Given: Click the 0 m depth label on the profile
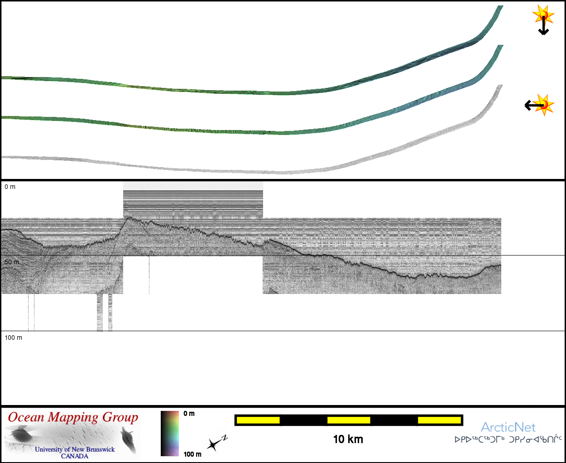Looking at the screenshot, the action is click(10, 187).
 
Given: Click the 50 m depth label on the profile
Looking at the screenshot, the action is click(11, 262).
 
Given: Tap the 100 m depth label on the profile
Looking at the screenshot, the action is click(13, 338).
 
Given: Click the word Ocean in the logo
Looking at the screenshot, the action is click(26, 418).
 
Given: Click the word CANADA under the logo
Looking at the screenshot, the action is click(75, 456).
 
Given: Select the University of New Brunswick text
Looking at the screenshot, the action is click(75, 449).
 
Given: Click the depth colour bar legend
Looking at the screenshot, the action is click(170, 434).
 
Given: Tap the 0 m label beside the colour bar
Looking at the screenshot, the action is click(189, 414).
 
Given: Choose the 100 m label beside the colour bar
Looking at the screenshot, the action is click(192, 454).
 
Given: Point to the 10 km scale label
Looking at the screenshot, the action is click(348, 439).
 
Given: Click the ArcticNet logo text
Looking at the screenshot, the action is click(508, 427).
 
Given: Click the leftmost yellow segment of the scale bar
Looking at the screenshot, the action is click(258, 420).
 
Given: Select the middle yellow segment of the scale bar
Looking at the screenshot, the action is click(349, 420).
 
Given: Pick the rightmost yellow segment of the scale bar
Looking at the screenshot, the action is click(439, 420).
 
